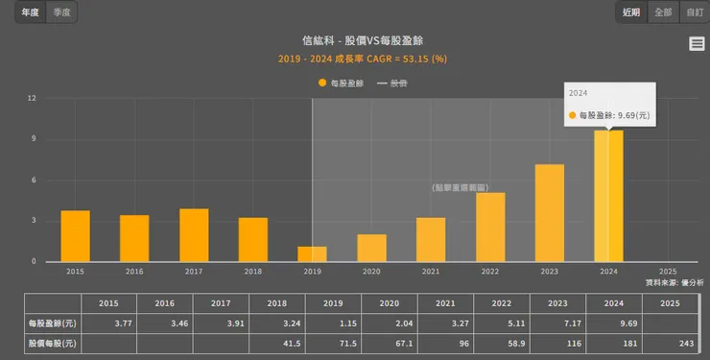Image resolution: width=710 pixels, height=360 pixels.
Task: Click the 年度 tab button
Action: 30,12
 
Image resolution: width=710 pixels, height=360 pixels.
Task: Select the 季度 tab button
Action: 61,12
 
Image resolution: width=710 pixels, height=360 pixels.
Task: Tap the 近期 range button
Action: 630,12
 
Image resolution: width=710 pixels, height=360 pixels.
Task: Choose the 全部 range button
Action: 663,12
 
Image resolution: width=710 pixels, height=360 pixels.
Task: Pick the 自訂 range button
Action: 694,12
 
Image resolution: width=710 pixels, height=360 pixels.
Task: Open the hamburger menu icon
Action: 697,44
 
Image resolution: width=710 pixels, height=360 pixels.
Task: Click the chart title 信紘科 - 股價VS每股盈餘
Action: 363,41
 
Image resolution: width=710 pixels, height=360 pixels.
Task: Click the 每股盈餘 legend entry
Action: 341,84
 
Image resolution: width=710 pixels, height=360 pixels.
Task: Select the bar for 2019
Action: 312,254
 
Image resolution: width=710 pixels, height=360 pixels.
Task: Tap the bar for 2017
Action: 194,235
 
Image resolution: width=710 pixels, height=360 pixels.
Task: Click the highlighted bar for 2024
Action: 608,196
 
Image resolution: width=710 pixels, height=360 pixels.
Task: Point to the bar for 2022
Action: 490,228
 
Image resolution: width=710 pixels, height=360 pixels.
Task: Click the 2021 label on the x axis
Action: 431,272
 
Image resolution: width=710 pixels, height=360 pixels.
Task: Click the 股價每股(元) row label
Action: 52,343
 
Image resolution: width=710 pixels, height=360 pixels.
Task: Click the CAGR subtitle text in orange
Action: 363,59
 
